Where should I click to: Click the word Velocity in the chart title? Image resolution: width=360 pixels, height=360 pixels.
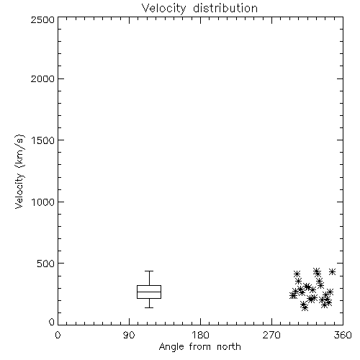(163, 9)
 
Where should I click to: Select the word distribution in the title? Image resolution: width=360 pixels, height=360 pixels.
(225, 8)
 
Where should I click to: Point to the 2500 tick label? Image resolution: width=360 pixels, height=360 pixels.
(42, 19)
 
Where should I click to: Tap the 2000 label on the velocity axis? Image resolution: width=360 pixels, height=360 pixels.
(42, 78)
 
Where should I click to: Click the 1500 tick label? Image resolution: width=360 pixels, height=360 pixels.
(43, 140)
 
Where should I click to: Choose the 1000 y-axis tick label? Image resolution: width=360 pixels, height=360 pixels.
(43, 202)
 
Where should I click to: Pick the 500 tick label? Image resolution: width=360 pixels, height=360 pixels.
(46, 264)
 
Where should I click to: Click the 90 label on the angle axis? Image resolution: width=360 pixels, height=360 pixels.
(129, 335)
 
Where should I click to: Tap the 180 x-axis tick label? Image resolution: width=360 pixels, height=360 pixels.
(200, 335)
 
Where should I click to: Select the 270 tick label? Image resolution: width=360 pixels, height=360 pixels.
(271, 335)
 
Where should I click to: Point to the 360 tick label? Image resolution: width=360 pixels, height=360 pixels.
(343, 335)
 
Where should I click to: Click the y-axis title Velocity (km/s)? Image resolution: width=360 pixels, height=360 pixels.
(19, 171)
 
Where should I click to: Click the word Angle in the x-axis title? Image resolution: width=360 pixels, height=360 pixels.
(171, 347)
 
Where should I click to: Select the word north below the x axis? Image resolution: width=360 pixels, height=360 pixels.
(229, 346)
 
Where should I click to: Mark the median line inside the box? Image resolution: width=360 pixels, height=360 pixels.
(149, 292)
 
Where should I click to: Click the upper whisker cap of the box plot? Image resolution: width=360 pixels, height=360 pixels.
(149, 271)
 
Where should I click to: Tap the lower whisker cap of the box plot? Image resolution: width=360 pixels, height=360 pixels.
(149, 307)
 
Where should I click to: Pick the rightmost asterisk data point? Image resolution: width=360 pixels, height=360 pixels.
(332, 271)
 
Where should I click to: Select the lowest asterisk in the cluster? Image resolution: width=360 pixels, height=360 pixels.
(305, 307)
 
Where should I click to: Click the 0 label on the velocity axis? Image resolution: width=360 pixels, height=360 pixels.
(52, 322)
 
